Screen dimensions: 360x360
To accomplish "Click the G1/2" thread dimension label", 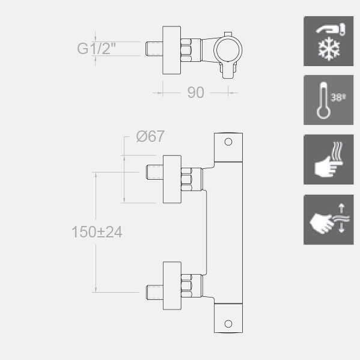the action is tap(96, 49).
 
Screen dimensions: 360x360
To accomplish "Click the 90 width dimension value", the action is tap(195, 93).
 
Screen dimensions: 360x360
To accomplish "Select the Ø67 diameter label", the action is tap(150, 136).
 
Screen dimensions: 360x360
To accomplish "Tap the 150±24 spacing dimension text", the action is tap(97, 232).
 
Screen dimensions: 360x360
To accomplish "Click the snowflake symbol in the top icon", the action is tap(329, 49).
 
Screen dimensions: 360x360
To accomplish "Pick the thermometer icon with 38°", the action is tap(328, 100).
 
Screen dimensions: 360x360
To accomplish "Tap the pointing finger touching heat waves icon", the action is tap(329, 160).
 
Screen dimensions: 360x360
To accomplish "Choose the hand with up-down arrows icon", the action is tap(329, 220).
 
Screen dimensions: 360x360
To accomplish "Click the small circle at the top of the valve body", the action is tap(228, 142).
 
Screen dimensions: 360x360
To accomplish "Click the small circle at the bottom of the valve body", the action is tap(228, 324).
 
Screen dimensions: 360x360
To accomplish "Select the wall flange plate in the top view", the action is tap(171, 50).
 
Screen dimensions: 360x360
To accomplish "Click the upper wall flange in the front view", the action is tap(172, 179).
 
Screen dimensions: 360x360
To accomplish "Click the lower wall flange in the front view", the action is tap(172, 285).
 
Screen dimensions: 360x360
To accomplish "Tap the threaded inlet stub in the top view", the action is tap(154, 49).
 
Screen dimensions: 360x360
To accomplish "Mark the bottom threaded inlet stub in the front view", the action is tap(154, 293).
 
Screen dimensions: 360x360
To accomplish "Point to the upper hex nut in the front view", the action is tap(186, 179).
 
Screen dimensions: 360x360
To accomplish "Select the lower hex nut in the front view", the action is tap(186, 286).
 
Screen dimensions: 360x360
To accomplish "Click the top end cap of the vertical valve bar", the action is tap(228, 147).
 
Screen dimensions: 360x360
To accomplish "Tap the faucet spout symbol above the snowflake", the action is tap(331, 29).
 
